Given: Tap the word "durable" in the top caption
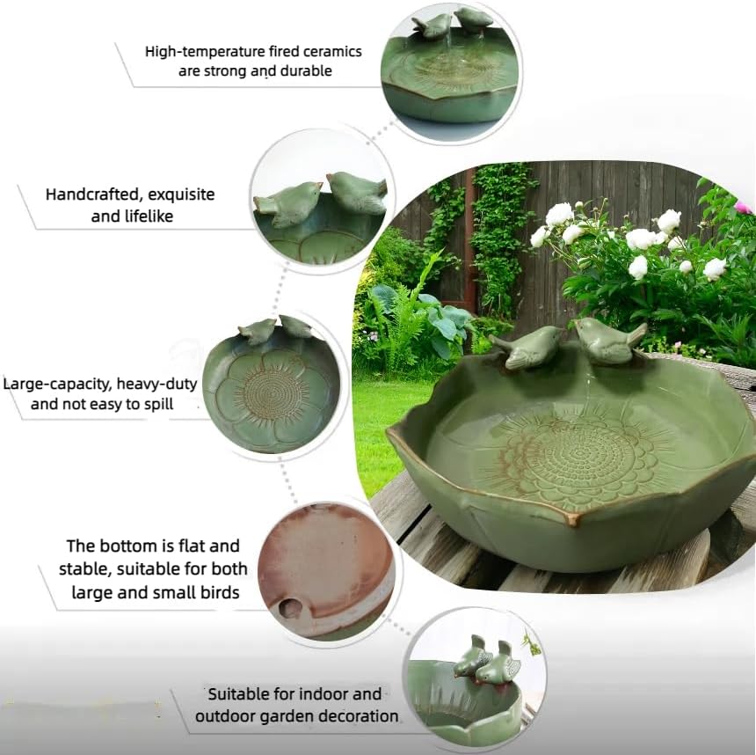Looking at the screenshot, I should pos(302,71).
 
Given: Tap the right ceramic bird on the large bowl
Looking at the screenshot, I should pos(609,340).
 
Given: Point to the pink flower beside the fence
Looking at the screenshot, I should pos(744,208).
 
